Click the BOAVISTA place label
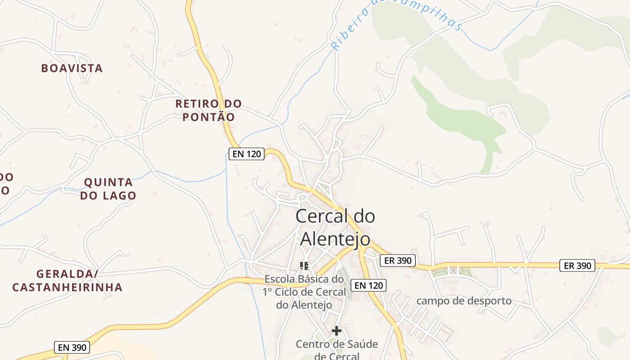[x=72, y=68]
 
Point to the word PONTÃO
[x=208, y=117]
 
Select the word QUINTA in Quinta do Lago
[x=108, y=183]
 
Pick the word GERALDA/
[x=67, y=274]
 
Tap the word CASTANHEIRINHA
[x=67, y=287]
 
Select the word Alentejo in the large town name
[x=335, y=239]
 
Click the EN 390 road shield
[x=72, y=347]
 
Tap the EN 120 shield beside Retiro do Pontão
[x=246, y=154]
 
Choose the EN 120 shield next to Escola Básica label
[x=369, y=285]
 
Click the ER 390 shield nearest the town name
[x=398, y=260]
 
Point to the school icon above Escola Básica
[x=304, y=265]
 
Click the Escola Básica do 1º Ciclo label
[x=305, y=292]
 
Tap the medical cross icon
[x=336, y=331]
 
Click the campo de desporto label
[x=464, y=301]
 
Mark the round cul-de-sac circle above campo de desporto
[x=425, y=216]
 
